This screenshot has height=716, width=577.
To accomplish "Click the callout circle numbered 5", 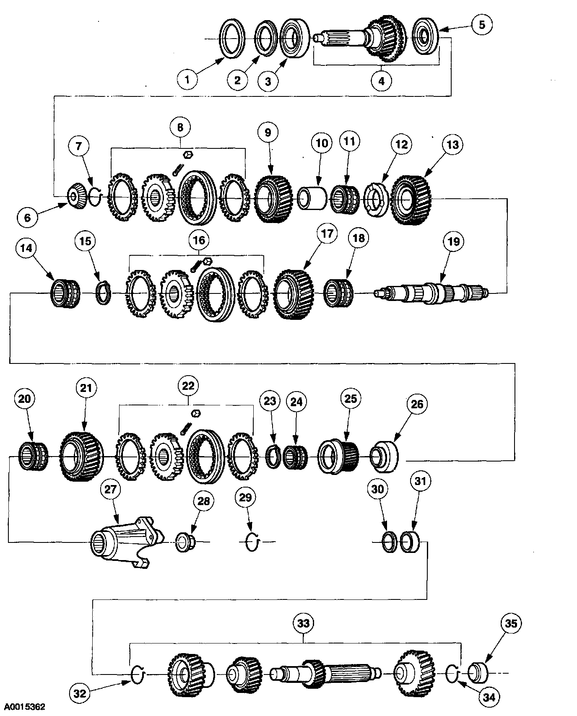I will point(482,25).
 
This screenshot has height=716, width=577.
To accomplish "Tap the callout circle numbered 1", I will point(187,78).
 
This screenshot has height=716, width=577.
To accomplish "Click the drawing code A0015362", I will point(23,706).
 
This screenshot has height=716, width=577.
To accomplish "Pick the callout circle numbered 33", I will point(303,623).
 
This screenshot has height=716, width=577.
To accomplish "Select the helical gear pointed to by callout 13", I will point(411,200).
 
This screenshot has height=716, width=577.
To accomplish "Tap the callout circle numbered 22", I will point(187,385).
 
